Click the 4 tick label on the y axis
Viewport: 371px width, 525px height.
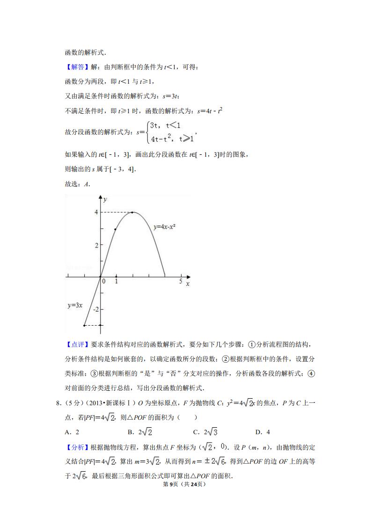tap(96, 212)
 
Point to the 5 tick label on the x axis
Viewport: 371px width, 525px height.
tap(181, 281)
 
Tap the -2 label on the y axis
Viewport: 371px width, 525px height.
tap(96, 309)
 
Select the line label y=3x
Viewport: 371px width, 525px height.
tap(75, 305)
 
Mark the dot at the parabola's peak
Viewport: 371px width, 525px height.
tap(132, 212)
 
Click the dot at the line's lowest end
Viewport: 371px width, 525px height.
tap(84, 325)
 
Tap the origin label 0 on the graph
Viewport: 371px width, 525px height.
tap(104, 281)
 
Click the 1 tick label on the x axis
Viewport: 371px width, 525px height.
tap(116, 281)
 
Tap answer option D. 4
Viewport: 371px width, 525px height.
tap(262, 432)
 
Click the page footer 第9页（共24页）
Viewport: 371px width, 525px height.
tap(185, 484)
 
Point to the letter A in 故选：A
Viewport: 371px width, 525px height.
tap(87, 184)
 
